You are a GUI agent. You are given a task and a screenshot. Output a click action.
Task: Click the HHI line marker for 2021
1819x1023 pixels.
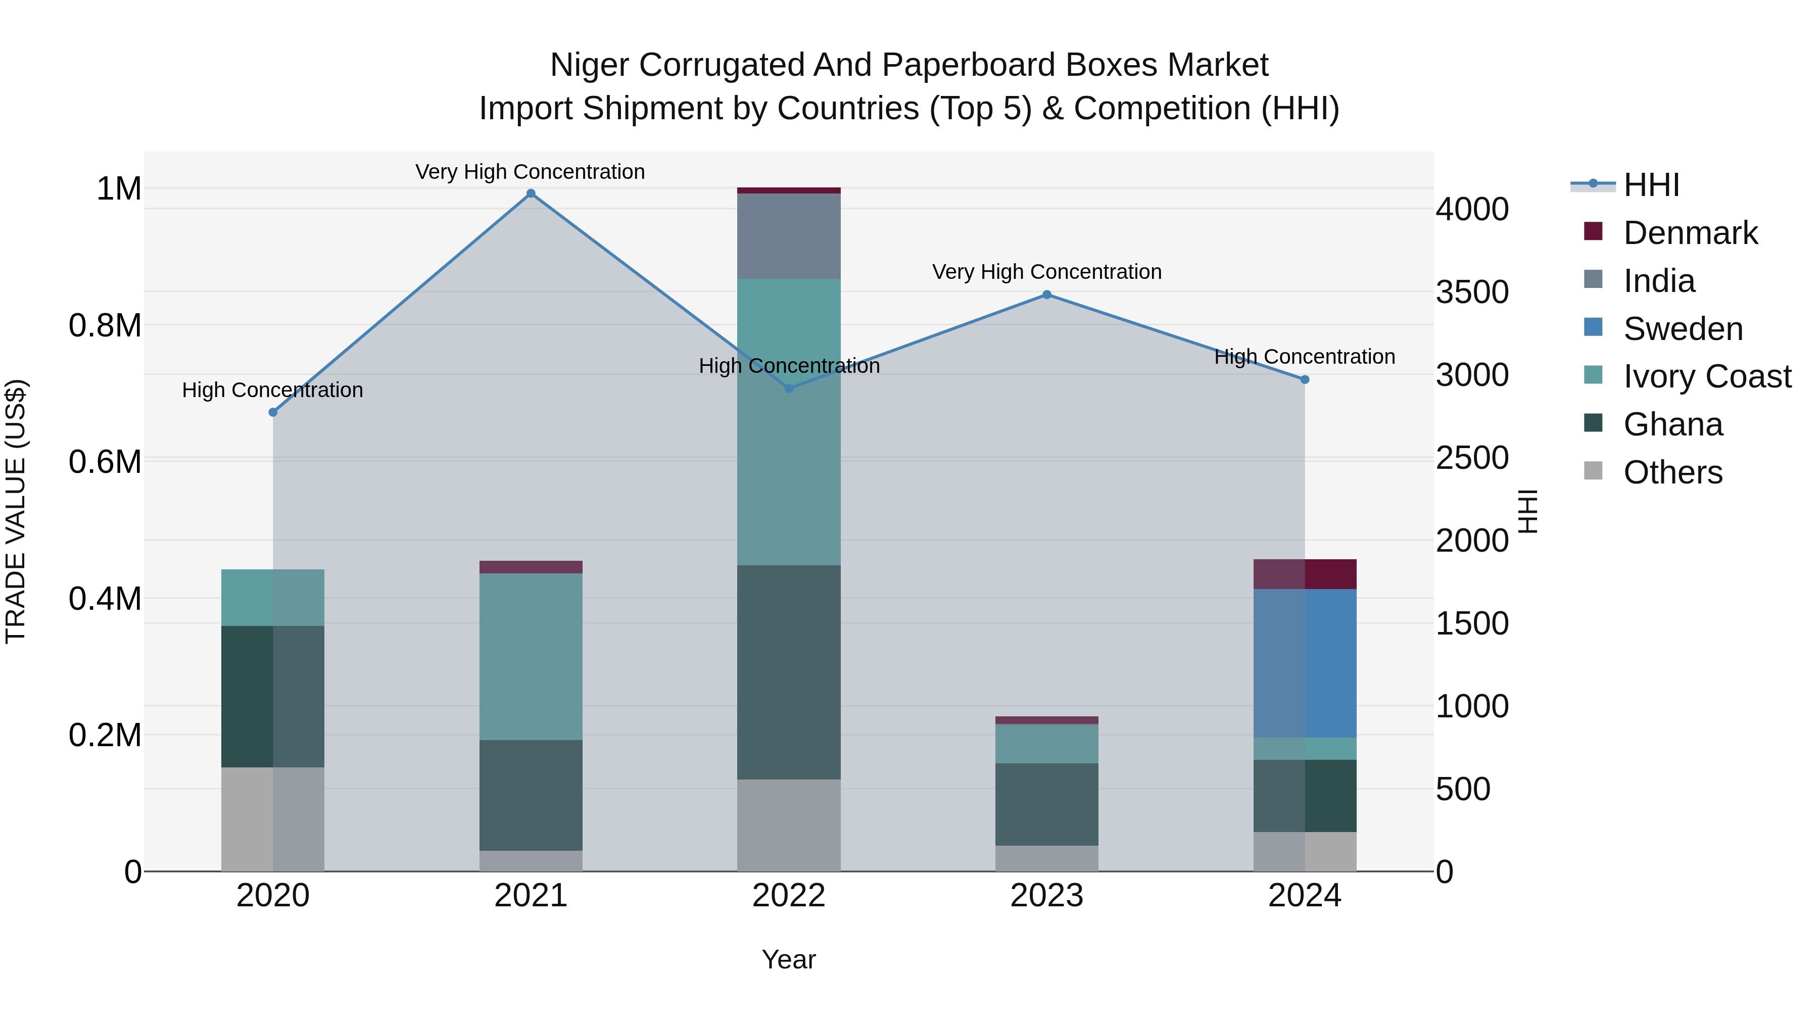coord(531,193)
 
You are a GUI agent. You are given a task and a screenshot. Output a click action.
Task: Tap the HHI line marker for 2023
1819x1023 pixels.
coord(1046,295)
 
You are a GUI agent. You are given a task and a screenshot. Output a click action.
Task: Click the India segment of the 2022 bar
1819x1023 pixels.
coord(789,236)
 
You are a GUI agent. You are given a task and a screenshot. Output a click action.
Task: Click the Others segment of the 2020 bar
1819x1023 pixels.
coord(272,819)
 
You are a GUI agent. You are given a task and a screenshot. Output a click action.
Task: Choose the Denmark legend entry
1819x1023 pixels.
coord(1689,233)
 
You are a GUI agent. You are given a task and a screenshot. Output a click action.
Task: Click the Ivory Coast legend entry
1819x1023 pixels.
coord(1706,376)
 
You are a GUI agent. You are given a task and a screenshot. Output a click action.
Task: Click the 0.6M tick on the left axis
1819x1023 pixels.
coord(105,462)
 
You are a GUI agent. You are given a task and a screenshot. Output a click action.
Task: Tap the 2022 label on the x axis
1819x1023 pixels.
coord(789,896)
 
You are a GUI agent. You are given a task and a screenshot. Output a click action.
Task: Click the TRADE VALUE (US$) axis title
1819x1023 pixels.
coord(16,511)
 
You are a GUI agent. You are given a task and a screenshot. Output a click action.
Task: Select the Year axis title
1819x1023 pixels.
coord(789,959)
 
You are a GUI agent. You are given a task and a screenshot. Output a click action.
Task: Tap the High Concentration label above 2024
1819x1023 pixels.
coord(1304,357)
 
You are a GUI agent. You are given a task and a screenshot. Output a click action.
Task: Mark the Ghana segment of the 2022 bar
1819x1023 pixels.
coord(789,671)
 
